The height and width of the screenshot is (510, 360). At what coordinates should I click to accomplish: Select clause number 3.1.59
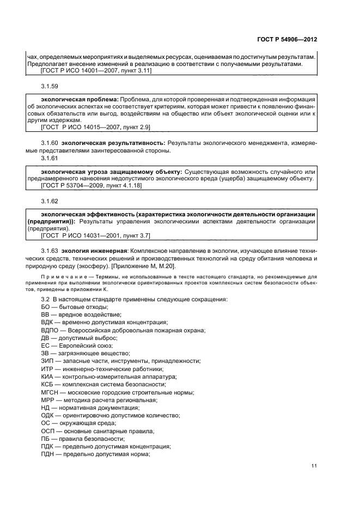click(x=50, y=86)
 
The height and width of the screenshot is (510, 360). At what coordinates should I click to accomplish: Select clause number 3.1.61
click(x=50, y=157)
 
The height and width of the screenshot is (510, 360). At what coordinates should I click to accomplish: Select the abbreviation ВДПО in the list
click(x=50, y=330)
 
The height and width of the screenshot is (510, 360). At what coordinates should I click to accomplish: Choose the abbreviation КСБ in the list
click(x=48, y=384)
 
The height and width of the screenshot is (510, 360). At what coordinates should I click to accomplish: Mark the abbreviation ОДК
click(x=48, y=415)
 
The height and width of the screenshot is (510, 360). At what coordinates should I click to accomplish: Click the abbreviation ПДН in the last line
click(x=48, y=454)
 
